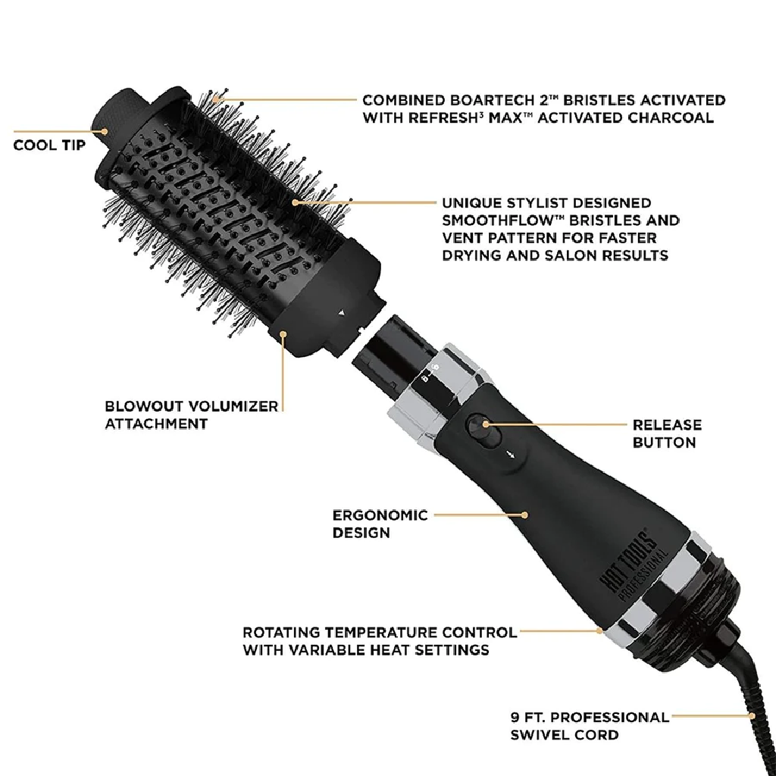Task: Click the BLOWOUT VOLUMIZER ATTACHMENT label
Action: click(x=191, y=415)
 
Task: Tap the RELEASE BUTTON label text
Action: click(x=667, y=433)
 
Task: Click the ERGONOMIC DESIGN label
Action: click(x=380, y=524)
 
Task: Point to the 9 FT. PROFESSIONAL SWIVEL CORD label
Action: click(x=590, y=725)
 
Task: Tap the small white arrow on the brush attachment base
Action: click(x=342, y=311)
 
